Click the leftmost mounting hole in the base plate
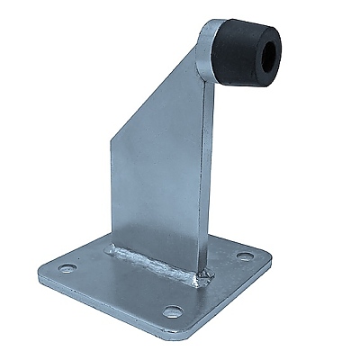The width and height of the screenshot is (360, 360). coord(65,268)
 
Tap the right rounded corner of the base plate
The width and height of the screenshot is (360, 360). coord(267,261)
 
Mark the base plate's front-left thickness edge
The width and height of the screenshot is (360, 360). coord(108,310)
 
